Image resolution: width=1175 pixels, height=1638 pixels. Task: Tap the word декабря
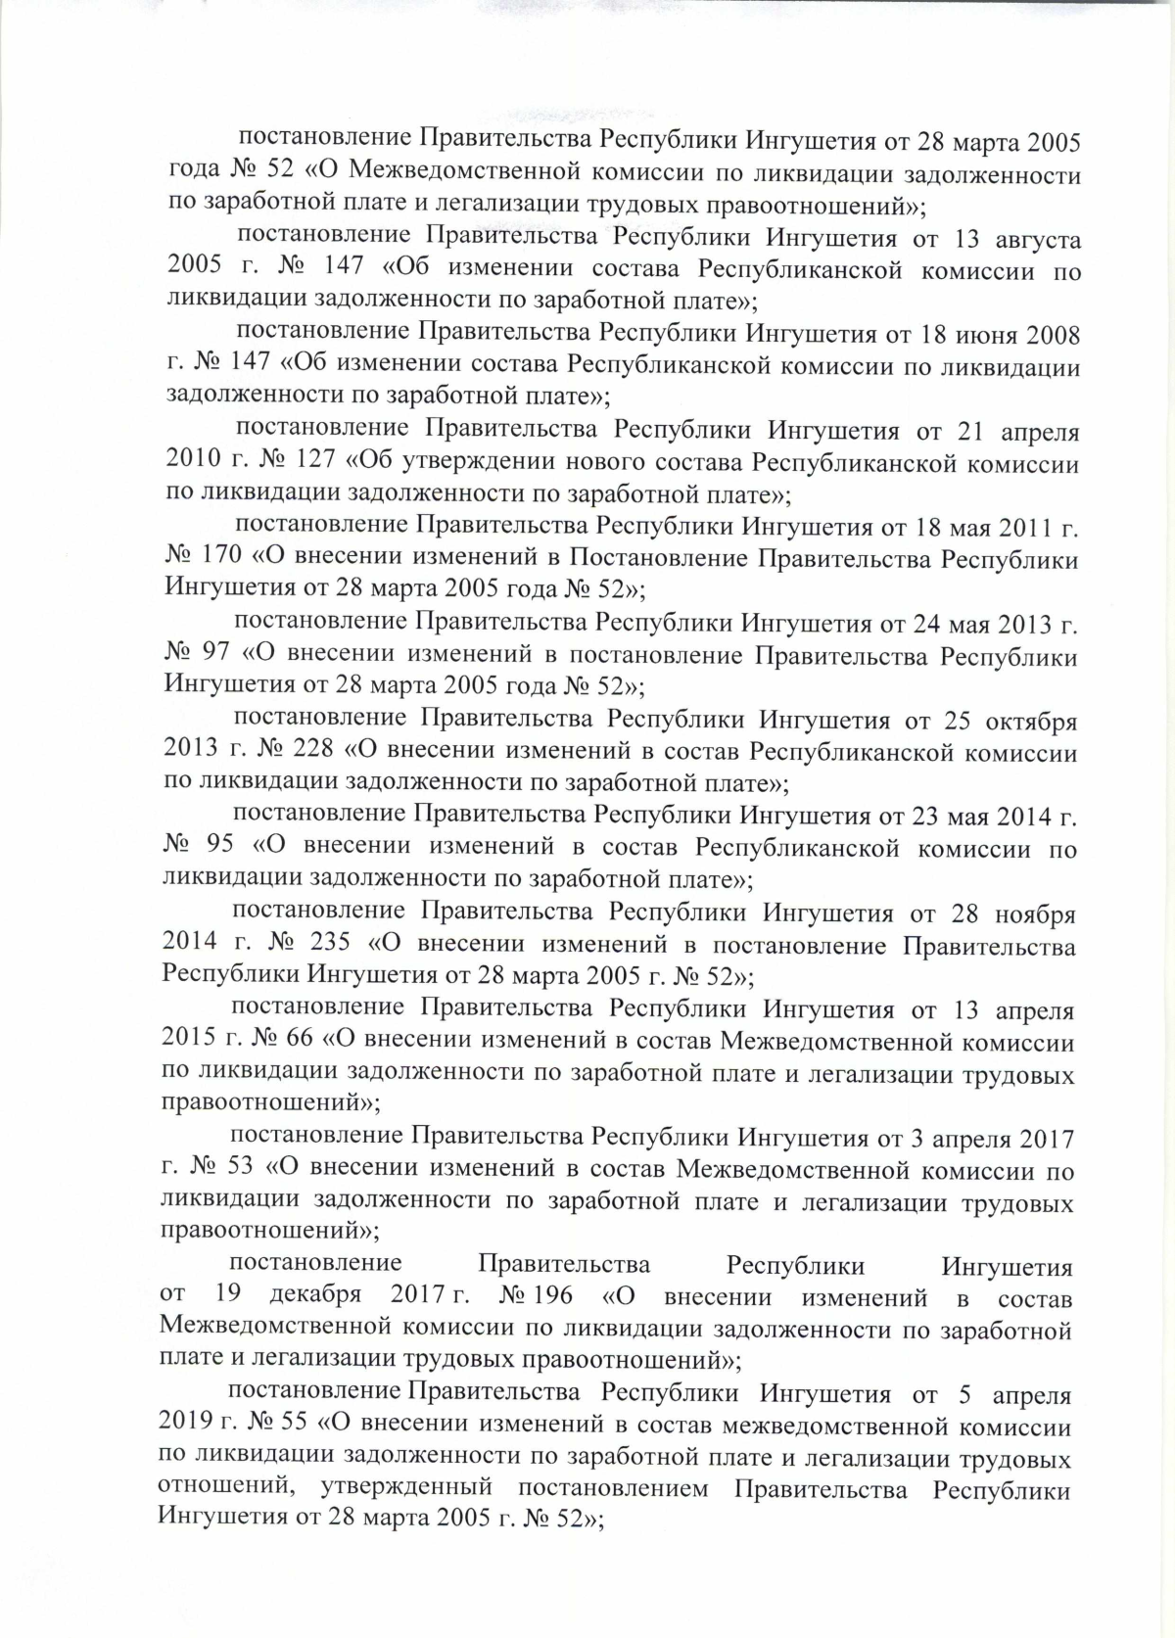point(315,1298)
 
